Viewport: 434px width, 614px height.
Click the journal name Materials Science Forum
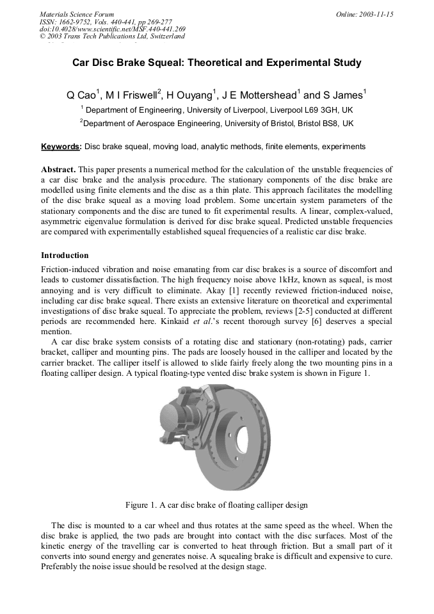pos(77,13)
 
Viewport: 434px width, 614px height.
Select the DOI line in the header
pos(113,29)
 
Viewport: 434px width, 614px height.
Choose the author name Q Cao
pos(81,95)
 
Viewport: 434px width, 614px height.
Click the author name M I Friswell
pos(132,95)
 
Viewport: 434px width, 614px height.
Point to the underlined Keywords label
pos(61,147)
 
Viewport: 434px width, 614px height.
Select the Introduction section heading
pos(65,255)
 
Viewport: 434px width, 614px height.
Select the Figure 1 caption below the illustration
pos(216,505)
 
